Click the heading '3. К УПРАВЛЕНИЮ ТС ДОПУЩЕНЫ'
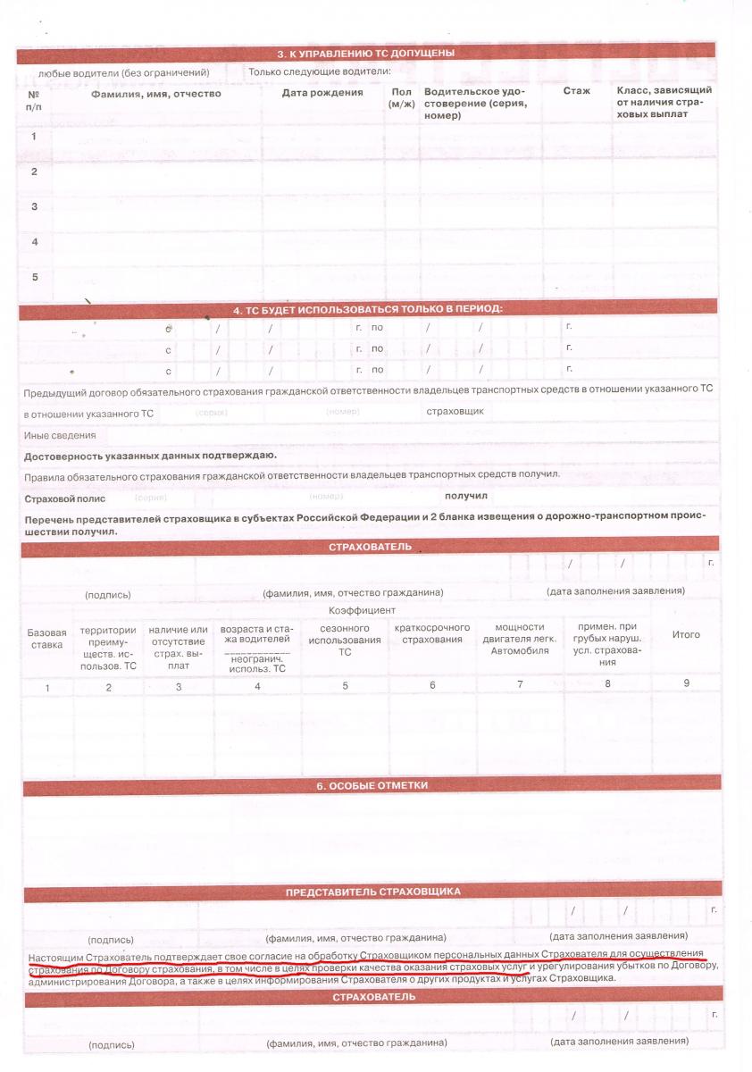pyautogui.click(x=367, y=53)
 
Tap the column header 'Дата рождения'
pyautogui.click(x=322, y=92)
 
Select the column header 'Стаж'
pyautogui.click(x=576, y=91)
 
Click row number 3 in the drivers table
pyautogui.click(x=34, y=206)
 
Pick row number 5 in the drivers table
pyautogui.click(x=34, y=276)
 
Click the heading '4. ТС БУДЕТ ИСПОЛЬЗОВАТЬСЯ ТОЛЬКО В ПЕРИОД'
pyautogui.click(x=367, y=309)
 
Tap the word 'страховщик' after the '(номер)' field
pyautogui.click(x=455, y=412)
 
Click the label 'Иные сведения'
pyautogui.click(x=60, y=435)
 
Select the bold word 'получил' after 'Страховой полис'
pyautogui.click(x=465, y=495)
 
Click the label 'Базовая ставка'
pyautogui.click(x=46, y=637)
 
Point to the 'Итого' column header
pyautogui.click(x=685, y=634)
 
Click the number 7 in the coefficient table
pyautogui.click(x=519, y=685)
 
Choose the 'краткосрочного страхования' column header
pyautogui.click(x=432, y=633)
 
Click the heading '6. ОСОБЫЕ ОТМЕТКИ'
pyautogui.click(x=372, y=786)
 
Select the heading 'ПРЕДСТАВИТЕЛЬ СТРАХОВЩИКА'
pyautogui.click(x=372, y=892)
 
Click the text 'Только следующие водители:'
pyautogui.click(x=320, y=71)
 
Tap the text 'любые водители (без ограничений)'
pyautogui.click(x=123, y=71)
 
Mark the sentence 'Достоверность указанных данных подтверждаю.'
pyautogui.click(x=150, y=456)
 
